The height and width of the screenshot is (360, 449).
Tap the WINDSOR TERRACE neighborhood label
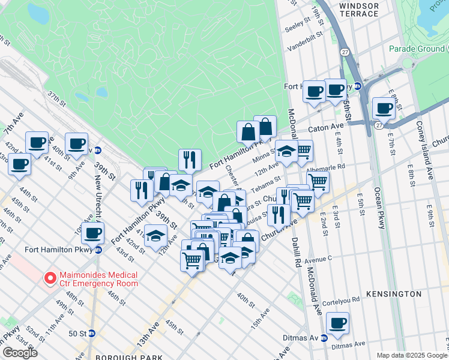[359, 10]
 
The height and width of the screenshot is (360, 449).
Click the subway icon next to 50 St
[92, 333]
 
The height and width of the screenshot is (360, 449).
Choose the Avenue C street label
[319, 260]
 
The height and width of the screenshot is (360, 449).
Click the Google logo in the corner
[20, 353]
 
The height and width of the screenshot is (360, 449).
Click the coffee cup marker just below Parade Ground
[384, 109]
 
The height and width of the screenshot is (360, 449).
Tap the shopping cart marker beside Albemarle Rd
[318, 181]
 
